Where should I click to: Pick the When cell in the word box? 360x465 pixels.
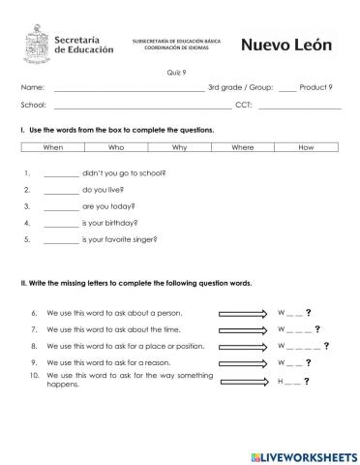tap(53, 147)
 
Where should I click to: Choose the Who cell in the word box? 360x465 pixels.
tap(116, 147)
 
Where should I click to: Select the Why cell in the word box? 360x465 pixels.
tap(179, 147)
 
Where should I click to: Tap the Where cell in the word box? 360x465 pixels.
tap(243, 147)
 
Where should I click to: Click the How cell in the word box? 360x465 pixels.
tap(307, 147)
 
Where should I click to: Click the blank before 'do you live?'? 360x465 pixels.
tap(61, 191)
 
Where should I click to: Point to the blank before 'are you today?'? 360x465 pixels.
tap(61, 207)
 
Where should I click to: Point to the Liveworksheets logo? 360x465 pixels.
tap(303, 454)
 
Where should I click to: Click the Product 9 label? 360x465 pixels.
tap(316, 88)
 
